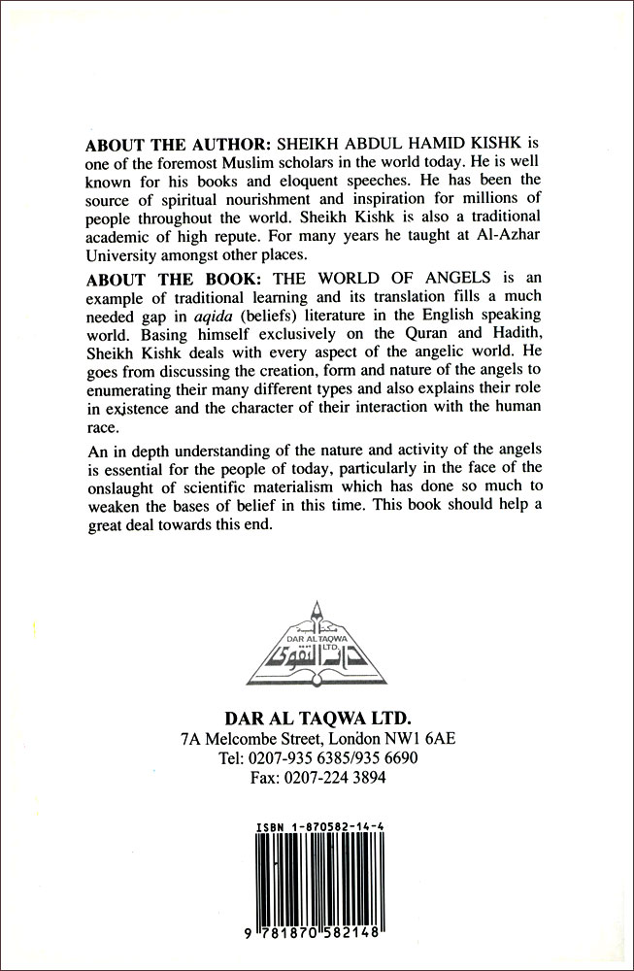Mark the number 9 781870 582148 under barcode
tap(317, 928)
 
